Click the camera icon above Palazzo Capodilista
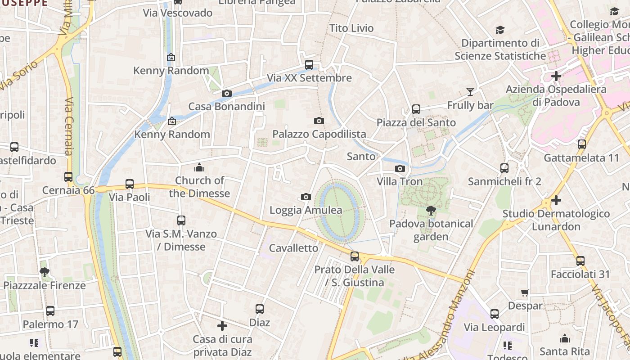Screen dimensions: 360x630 coord(319,121)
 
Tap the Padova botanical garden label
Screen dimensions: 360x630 coord(431,230)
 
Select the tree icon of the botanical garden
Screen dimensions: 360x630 coord(431,210)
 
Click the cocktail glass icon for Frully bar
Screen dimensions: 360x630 coord(470,92)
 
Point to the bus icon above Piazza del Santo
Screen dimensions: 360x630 coord(416,109)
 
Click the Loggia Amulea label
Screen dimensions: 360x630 coord(306,210)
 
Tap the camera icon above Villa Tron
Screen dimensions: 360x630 coord(400,169)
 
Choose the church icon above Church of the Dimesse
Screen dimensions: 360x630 coord(199,168)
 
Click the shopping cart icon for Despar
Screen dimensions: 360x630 coord(525,293)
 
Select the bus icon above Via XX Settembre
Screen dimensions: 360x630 coord(309,65)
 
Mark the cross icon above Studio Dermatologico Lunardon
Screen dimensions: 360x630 coord(556,200)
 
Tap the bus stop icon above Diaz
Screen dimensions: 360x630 coord(260,309)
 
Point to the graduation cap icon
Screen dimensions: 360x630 coord(500,30)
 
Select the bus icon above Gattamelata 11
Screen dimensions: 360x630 coord(582,144)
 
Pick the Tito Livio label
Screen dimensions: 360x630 coord(351,28)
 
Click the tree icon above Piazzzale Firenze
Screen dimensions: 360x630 coord(44,272)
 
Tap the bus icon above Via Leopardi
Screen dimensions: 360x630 coord(495,314)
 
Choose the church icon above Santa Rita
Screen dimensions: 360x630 coord(564,338)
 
